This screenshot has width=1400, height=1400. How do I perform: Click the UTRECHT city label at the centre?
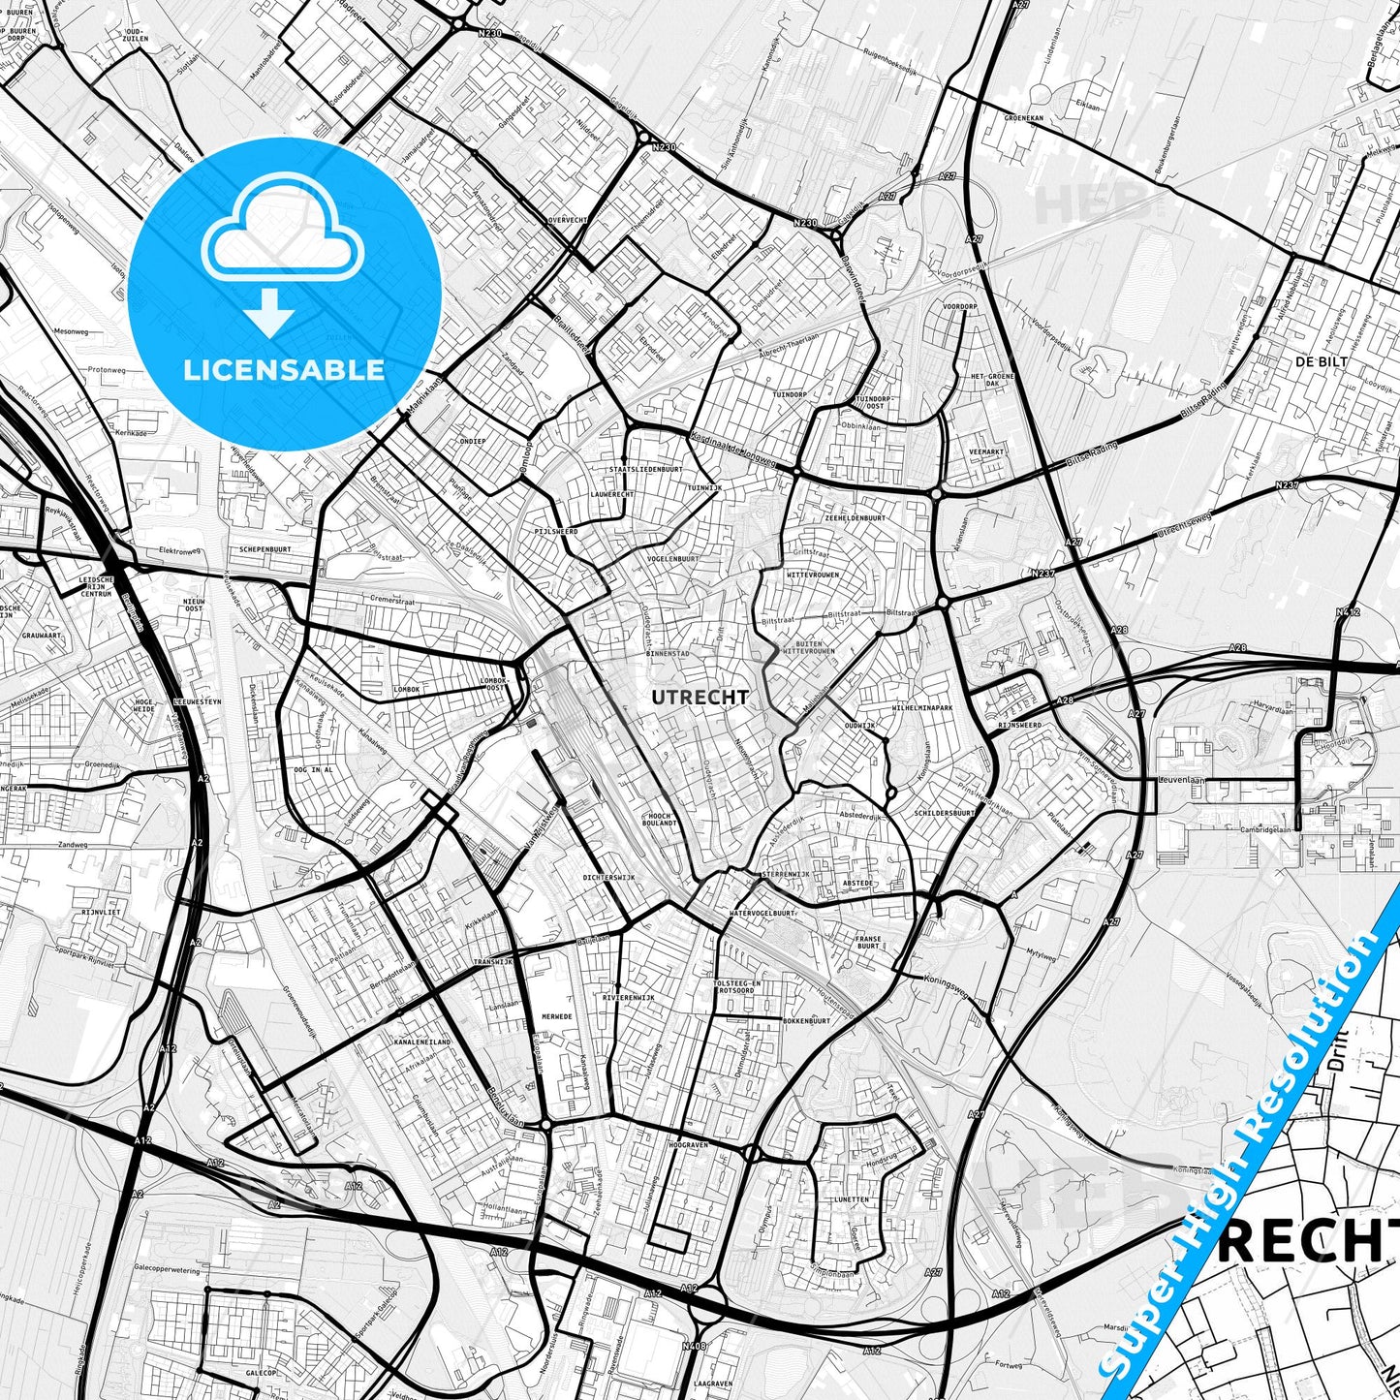(700, 698)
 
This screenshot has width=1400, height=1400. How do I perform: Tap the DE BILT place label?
(1322, 361)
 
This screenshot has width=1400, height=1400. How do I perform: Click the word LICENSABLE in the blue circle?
(284, 370)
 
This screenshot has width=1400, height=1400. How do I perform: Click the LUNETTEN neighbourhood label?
(851, 1199)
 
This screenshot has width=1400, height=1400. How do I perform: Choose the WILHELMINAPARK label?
(922, 708)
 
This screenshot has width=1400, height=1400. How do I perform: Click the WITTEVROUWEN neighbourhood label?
(813, 575)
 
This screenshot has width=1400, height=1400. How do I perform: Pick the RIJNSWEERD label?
(1019, 725)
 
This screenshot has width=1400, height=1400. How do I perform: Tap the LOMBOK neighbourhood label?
(406, 689)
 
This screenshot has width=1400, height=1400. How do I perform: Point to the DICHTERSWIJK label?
(608, 877)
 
